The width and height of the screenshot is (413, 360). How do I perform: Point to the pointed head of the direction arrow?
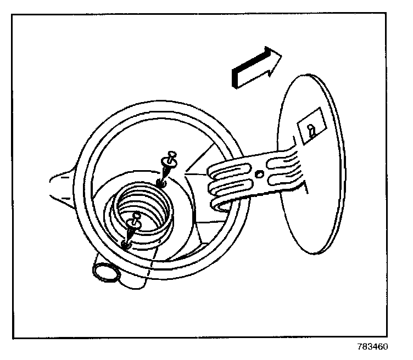275,55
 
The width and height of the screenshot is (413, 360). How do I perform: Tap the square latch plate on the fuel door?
311,130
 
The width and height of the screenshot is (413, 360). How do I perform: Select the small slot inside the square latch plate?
312,131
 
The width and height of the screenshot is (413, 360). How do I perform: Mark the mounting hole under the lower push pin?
126,245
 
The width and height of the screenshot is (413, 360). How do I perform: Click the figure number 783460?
373,347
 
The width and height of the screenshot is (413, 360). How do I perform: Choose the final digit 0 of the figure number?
386,347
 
